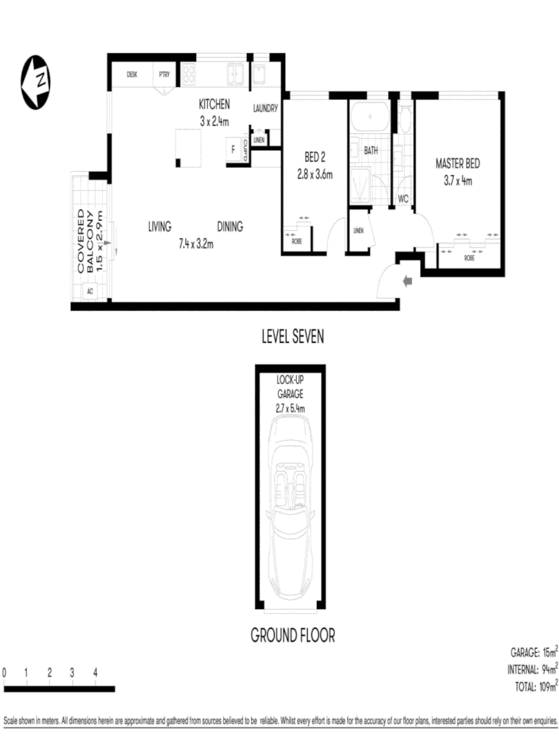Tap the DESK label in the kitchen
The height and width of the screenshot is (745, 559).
[133, 74]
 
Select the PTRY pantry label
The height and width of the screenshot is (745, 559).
[165, 74]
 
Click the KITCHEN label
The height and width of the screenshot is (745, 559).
[214, 105]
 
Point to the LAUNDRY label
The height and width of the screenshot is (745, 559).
[265, 108]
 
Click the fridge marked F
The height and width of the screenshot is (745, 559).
[233, 148]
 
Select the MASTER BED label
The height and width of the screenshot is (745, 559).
[457, 164]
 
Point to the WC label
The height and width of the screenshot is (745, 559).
[404, 199]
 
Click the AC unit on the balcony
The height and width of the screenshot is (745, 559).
[90, 291]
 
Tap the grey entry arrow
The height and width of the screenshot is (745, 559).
[406, 281]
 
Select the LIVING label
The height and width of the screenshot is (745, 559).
[159, 226]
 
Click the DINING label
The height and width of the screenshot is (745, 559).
[230, 226]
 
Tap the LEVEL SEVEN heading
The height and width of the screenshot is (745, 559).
[293, 337]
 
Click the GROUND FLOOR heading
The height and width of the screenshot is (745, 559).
[293, 634]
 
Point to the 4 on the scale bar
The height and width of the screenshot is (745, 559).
[95, 673]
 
